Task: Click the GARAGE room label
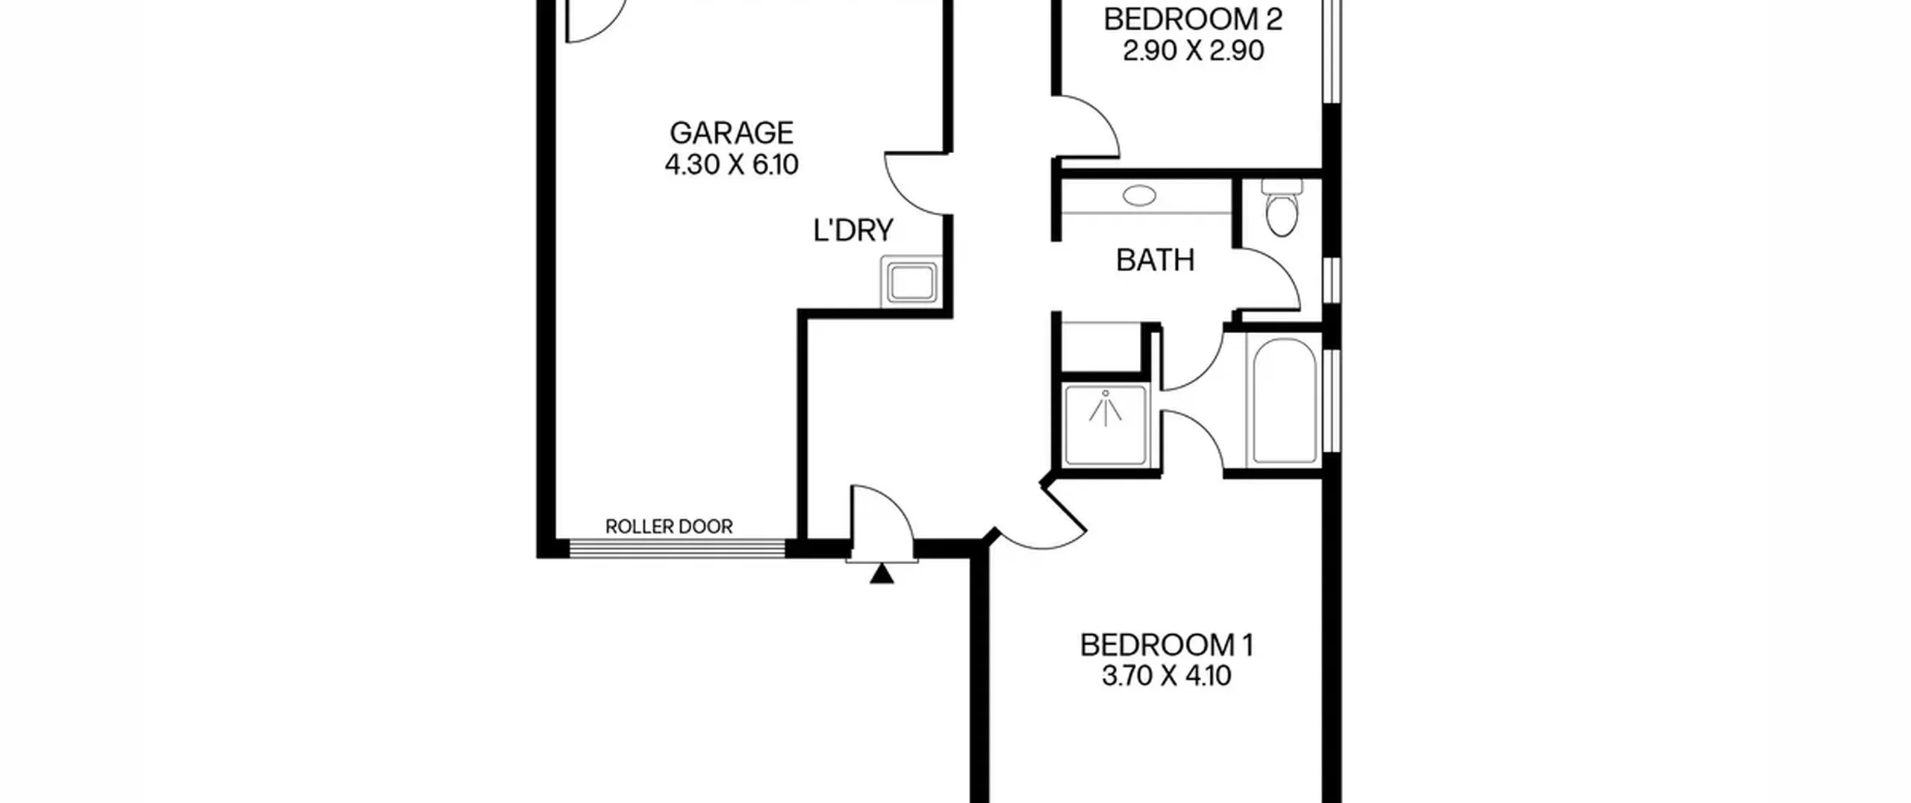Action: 731,133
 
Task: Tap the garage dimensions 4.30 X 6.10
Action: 732,164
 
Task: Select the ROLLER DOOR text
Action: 669,527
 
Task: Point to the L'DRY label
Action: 853,230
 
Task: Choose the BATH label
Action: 1155,260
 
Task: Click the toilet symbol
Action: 1282,207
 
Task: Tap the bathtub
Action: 1284,401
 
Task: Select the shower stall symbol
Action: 1106,424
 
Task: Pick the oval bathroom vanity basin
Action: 1139,196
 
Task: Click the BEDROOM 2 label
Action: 1193,19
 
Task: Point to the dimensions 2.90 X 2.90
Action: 1193,51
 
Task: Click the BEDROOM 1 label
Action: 1167,645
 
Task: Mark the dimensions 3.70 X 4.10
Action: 1167,676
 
